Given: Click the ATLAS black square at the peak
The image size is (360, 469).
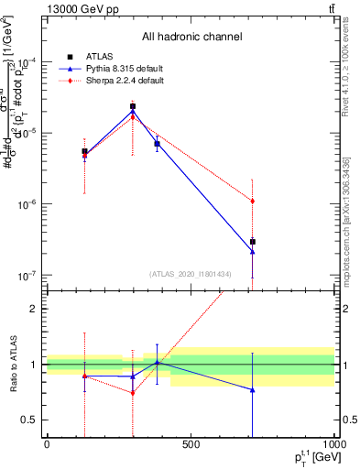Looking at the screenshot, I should tap(133, 106).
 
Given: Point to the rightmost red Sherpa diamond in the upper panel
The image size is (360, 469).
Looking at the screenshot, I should tap(252, 201).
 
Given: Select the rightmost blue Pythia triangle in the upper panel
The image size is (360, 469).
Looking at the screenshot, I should tap(252, 251).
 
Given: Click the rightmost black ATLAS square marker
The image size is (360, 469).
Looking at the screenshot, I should tap(252, 242).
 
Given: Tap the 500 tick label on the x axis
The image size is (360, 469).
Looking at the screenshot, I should tap(191, 445).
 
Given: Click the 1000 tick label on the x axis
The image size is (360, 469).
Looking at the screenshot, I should tap(333, 445).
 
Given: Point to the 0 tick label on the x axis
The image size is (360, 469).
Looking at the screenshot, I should tap(47, 445).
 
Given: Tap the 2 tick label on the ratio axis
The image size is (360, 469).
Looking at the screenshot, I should tap(33, 309).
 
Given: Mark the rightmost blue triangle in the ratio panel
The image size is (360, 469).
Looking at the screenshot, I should tap(252, 390).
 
